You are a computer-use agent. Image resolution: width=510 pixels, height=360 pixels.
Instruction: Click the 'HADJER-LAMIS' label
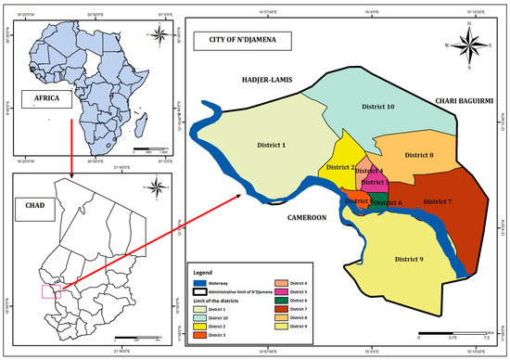point(267,80)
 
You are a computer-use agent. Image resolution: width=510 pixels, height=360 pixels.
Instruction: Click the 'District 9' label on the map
point(408,258)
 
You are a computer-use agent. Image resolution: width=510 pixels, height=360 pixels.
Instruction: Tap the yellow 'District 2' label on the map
point(340,167)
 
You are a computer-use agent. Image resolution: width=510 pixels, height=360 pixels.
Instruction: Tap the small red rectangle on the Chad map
point(51,291)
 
